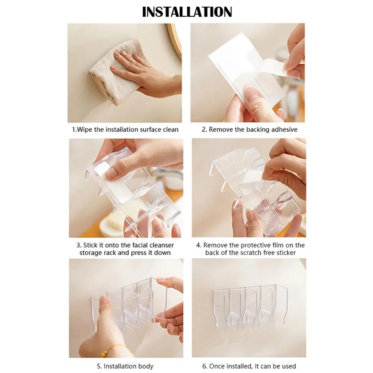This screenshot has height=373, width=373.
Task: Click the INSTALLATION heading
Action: click(187, 12)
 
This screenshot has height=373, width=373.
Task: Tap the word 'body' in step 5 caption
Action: click(146, 366)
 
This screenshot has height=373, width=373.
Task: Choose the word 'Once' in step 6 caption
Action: click(217, 366)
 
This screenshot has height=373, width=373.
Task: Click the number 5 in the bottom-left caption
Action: click(99, 366)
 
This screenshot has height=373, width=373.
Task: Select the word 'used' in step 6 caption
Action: click(289, 366)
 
